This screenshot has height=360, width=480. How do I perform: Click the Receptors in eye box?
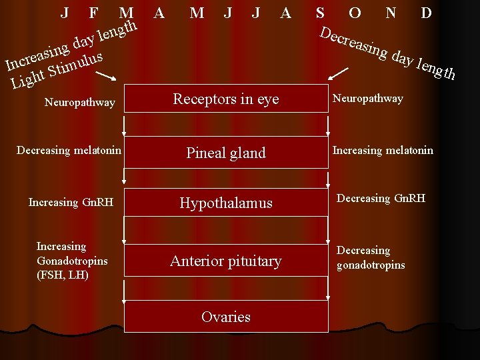tap(226, 99)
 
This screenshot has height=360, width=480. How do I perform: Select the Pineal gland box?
tap(226, 153)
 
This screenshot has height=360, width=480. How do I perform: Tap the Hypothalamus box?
tap(226, 203)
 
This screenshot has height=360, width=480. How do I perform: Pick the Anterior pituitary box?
tap(226, 261)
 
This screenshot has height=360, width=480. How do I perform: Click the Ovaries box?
tap(226, 317)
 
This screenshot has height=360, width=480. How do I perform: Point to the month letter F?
tap(93, 13)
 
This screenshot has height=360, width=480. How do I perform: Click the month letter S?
tap(320, 13)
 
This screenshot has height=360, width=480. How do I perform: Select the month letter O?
tap(355, 13)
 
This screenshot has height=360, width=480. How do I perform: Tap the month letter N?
tap(391, 13)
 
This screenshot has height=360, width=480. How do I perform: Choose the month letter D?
tap(427, 13)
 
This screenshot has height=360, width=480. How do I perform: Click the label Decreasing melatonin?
tap(69, 150)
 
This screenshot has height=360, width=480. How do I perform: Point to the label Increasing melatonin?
tap(383, 150)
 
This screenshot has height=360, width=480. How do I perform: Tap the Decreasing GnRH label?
tap(381, 198)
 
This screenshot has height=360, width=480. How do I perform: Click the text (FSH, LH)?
tap(63, 275)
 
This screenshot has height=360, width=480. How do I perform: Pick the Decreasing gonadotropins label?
tap(370, 257)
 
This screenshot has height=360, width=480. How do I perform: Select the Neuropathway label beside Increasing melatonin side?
tap(367, 99)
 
